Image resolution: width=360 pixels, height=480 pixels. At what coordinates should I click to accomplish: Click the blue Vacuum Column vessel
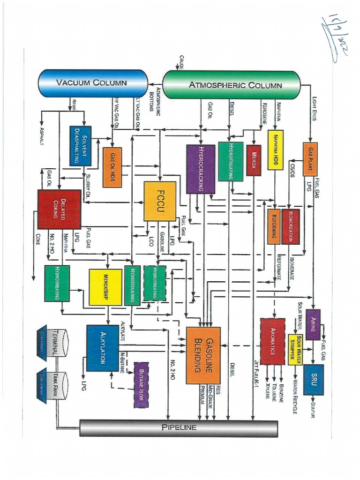point(92,83)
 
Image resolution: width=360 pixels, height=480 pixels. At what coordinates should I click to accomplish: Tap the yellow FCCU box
point(160,201)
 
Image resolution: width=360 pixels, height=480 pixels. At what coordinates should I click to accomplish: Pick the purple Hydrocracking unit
point(201,169)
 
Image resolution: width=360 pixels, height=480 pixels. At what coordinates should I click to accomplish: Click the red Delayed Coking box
point(59,209)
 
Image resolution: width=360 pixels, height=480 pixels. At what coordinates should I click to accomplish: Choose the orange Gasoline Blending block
point(203,355)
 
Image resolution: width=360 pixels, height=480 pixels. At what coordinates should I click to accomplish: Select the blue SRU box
point(313,380)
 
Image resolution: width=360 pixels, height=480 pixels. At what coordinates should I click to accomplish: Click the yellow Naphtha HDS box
point(275,150)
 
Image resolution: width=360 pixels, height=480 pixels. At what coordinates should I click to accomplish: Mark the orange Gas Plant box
point(310,159)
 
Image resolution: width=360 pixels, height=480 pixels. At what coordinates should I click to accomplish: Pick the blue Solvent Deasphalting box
point(81,146)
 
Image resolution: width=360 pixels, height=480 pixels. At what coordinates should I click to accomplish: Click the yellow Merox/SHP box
point(105,287)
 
